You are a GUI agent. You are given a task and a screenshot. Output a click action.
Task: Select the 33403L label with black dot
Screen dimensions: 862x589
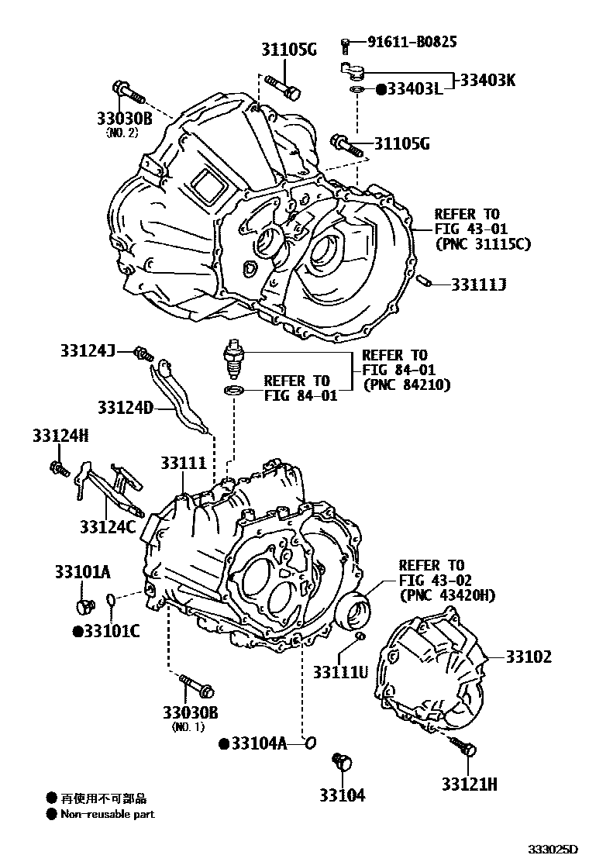click(x=408, y=89)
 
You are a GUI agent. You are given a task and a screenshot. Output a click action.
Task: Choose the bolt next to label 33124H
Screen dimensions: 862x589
click(x=57, y=467)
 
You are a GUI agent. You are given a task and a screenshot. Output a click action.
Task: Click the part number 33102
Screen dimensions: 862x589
click(x=529, y=657)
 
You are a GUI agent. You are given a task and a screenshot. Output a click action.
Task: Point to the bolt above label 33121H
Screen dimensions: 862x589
click(x=467, y=747)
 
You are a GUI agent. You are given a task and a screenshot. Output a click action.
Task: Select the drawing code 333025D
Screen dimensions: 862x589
click(x=553, y=850)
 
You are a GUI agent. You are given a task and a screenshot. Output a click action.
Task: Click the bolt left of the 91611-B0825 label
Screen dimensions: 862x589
click(x=346, y=46)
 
